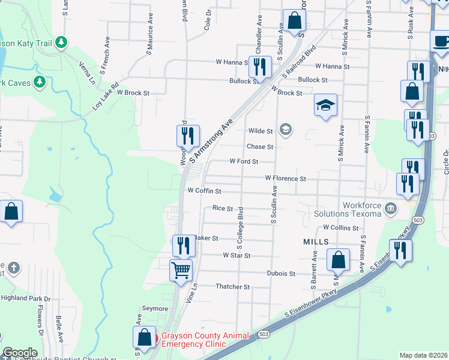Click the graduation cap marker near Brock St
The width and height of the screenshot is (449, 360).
coord(325,106)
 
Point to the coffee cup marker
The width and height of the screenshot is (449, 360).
coord(441,41)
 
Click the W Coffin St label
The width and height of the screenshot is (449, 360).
coord(205,191)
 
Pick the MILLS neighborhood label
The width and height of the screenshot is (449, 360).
coord(316,241)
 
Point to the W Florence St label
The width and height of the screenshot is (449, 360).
coord(286,179)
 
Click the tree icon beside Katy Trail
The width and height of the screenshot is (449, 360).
coord(60,42)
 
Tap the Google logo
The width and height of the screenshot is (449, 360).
coord(20,353)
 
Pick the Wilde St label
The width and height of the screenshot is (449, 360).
coord(261,131)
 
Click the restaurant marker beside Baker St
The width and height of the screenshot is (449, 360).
coord(184,245)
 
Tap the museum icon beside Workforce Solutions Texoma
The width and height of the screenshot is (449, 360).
coord(391,209)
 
